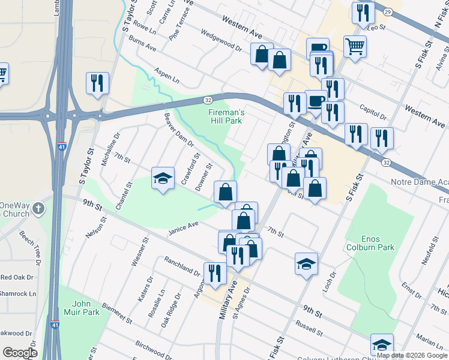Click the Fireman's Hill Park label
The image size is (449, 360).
click(225, 116)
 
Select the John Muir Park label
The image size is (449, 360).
click(82, 308)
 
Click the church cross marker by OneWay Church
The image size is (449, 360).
click(39, 209)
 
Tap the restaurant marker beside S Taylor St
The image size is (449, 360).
click(97, 83)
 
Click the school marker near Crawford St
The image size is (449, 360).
click(163, 178)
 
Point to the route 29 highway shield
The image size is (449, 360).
click(388, 12)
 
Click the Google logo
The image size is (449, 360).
click(20, 353)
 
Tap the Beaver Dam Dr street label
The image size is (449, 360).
click(179, 130)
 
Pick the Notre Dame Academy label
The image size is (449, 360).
click(412, 182)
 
